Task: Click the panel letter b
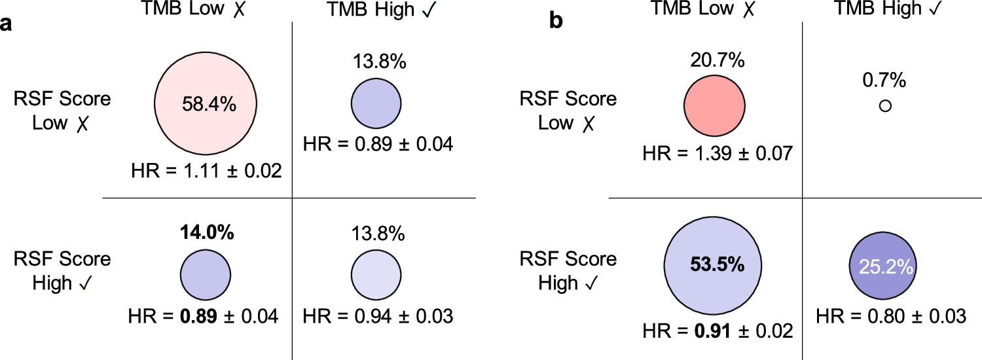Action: (556, 21)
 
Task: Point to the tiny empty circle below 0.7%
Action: (885, 105)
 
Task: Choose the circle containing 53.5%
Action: (716, 265)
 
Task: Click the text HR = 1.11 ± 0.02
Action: (206, 171)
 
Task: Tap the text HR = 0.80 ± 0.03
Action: (891, 316)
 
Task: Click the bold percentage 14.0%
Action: (205, 233)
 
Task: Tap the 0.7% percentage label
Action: (885, 81)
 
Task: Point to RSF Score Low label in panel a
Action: (63, 111)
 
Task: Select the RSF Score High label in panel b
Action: (568, 271)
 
